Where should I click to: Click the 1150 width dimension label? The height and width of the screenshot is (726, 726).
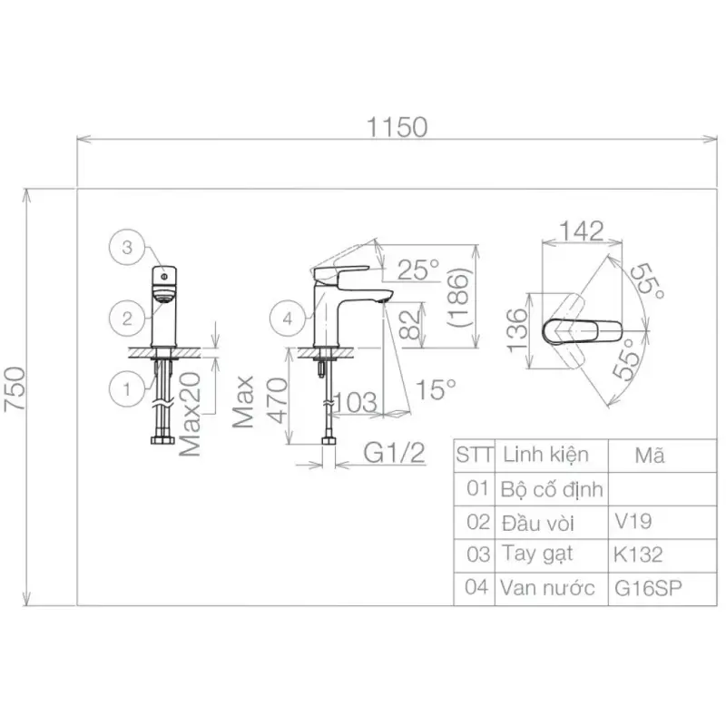pyautogui.click(x=397, y=127)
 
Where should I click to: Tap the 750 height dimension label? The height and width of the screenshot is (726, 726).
pyautogui.click(x=15, y=388)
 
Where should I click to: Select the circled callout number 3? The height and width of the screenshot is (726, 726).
pyautogui.click(x=127, y=247)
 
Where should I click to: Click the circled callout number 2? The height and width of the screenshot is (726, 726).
pyautogui.click(x=127, y=319)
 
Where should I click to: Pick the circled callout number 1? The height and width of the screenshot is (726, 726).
pyautogui.click(x=127, y=389)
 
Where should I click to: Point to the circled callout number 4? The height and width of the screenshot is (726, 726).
pyautogui.click(x=288, y=319)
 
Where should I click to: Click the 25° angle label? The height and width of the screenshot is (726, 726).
pyautogui.click(x=418, y=270)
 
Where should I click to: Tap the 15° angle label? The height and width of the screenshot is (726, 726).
pyautogui.click(x=436, y=389)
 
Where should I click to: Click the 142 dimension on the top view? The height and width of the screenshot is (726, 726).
pyautogui.click(x=582, y=231)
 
